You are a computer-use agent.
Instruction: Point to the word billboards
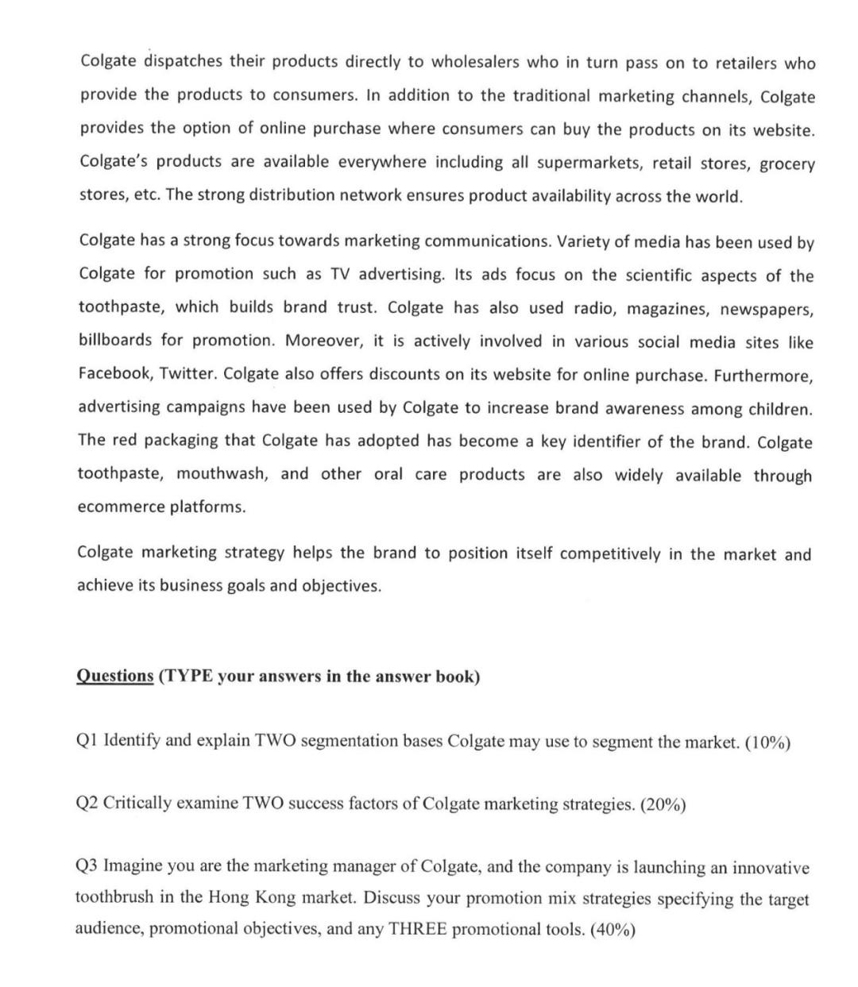115,340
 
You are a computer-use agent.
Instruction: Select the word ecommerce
120,507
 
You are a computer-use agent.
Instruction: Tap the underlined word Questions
114,677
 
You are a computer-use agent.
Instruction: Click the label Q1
87,741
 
